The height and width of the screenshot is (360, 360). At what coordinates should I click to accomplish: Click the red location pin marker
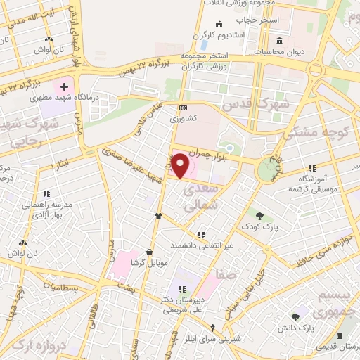tap(180, 166)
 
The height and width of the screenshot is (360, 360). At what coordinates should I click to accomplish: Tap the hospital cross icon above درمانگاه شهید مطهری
tap(65, 88)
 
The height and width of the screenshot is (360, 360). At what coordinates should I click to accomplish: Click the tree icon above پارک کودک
tap(260, 217)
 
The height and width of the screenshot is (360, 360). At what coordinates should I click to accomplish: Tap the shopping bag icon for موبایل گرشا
tap(149, 252)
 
